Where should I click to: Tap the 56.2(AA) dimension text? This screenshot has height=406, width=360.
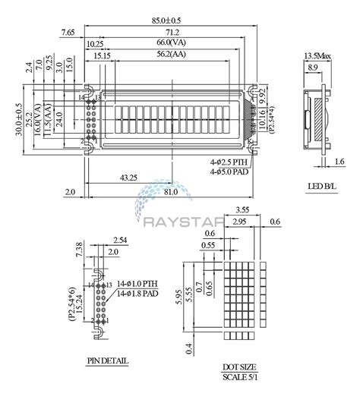tap(172, 55)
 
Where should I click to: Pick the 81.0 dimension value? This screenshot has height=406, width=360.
tap(171, 192)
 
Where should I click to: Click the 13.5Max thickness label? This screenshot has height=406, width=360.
tap(317, 57)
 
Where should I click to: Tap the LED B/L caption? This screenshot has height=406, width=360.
tap(317, 187)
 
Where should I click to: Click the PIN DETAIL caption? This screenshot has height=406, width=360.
tap(108, 361)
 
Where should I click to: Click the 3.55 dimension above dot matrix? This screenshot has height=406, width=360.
tap(243, 209)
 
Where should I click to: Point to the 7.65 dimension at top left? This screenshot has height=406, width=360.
tap(68, 32)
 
